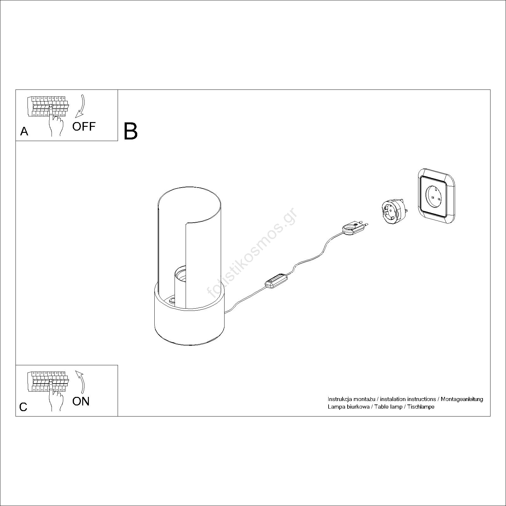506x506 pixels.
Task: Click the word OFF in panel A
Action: point(84,126)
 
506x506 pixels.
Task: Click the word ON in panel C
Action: point(81,401)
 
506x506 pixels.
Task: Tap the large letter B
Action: point(131,131)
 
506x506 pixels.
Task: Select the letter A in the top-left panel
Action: point(24,131)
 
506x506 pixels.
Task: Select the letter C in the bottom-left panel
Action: point(23,407)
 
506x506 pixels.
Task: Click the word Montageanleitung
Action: point(462,399)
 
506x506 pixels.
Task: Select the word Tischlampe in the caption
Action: point(421,407)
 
